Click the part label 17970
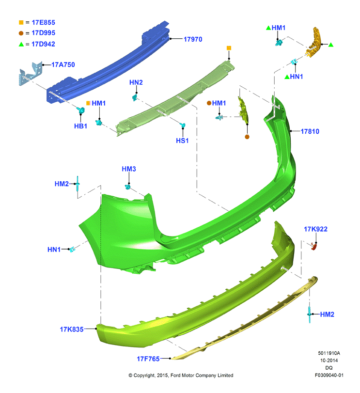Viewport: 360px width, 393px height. tap(193, 39)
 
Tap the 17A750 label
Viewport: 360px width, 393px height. tap(63, 64)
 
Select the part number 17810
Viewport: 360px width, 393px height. tap(310, 131)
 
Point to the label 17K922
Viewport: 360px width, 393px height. tap(315, 229)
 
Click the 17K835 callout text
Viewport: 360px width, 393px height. tap(72, 330)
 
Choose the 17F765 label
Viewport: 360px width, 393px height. tap(148, 359)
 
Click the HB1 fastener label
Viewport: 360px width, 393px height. tap(80, 126)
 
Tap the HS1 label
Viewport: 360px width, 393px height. tap(182, 141)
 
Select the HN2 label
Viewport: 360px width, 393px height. tap(136, 82)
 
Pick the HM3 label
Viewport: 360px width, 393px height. tap(129, 169)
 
